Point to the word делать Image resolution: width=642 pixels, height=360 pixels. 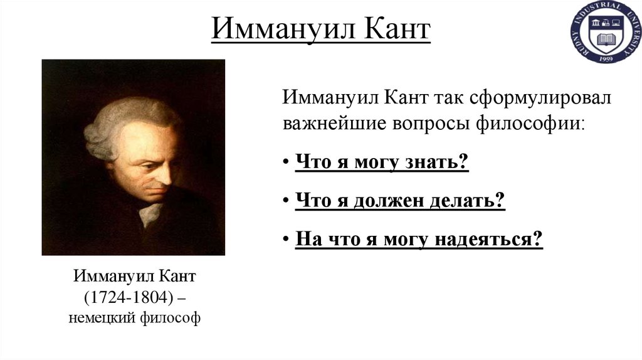[x=467, y=201]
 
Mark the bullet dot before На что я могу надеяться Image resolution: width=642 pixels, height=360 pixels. [x=285, y=241]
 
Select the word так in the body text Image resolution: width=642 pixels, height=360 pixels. [x=432, y=98]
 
